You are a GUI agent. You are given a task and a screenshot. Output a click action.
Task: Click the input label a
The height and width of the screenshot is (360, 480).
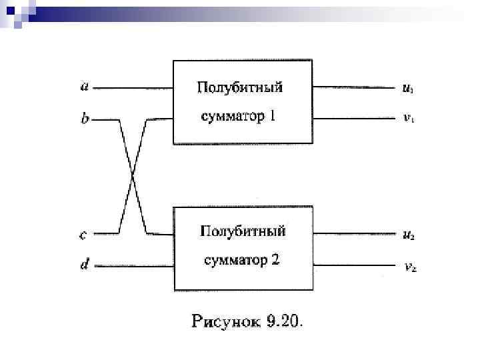click(84, 86)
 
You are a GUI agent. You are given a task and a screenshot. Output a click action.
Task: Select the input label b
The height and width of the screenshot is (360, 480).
click(84, 120)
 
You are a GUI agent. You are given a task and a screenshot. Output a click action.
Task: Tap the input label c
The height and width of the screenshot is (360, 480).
click(83, 234)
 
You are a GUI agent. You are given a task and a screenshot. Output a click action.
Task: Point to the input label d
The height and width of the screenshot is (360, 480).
click(84, 265)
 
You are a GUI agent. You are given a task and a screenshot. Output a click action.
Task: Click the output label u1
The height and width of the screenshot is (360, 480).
click(407, 87)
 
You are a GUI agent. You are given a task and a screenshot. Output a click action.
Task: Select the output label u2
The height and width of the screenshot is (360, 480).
click(409, 235)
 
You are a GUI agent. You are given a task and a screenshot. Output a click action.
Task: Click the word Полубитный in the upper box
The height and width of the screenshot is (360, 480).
click(239, 87)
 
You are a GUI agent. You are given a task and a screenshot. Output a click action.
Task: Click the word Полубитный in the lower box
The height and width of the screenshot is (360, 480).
click(243, 231)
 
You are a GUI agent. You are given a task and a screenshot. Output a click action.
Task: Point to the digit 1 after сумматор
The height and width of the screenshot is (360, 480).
click(271, 117)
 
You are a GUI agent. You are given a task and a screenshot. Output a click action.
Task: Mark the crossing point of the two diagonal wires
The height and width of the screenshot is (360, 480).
click(133, 177)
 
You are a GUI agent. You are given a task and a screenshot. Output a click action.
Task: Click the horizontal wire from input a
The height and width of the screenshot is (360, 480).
click(133, 87)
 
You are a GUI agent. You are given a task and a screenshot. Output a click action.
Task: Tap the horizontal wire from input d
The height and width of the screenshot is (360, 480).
click(133, 265)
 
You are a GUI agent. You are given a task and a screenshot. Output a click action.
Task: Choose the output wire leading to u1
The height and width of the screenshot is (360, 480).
click(353, 87)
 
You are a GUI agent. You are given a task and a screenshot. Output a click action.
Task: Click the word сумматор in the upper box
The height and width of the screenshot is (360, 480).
click(230, 117)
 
